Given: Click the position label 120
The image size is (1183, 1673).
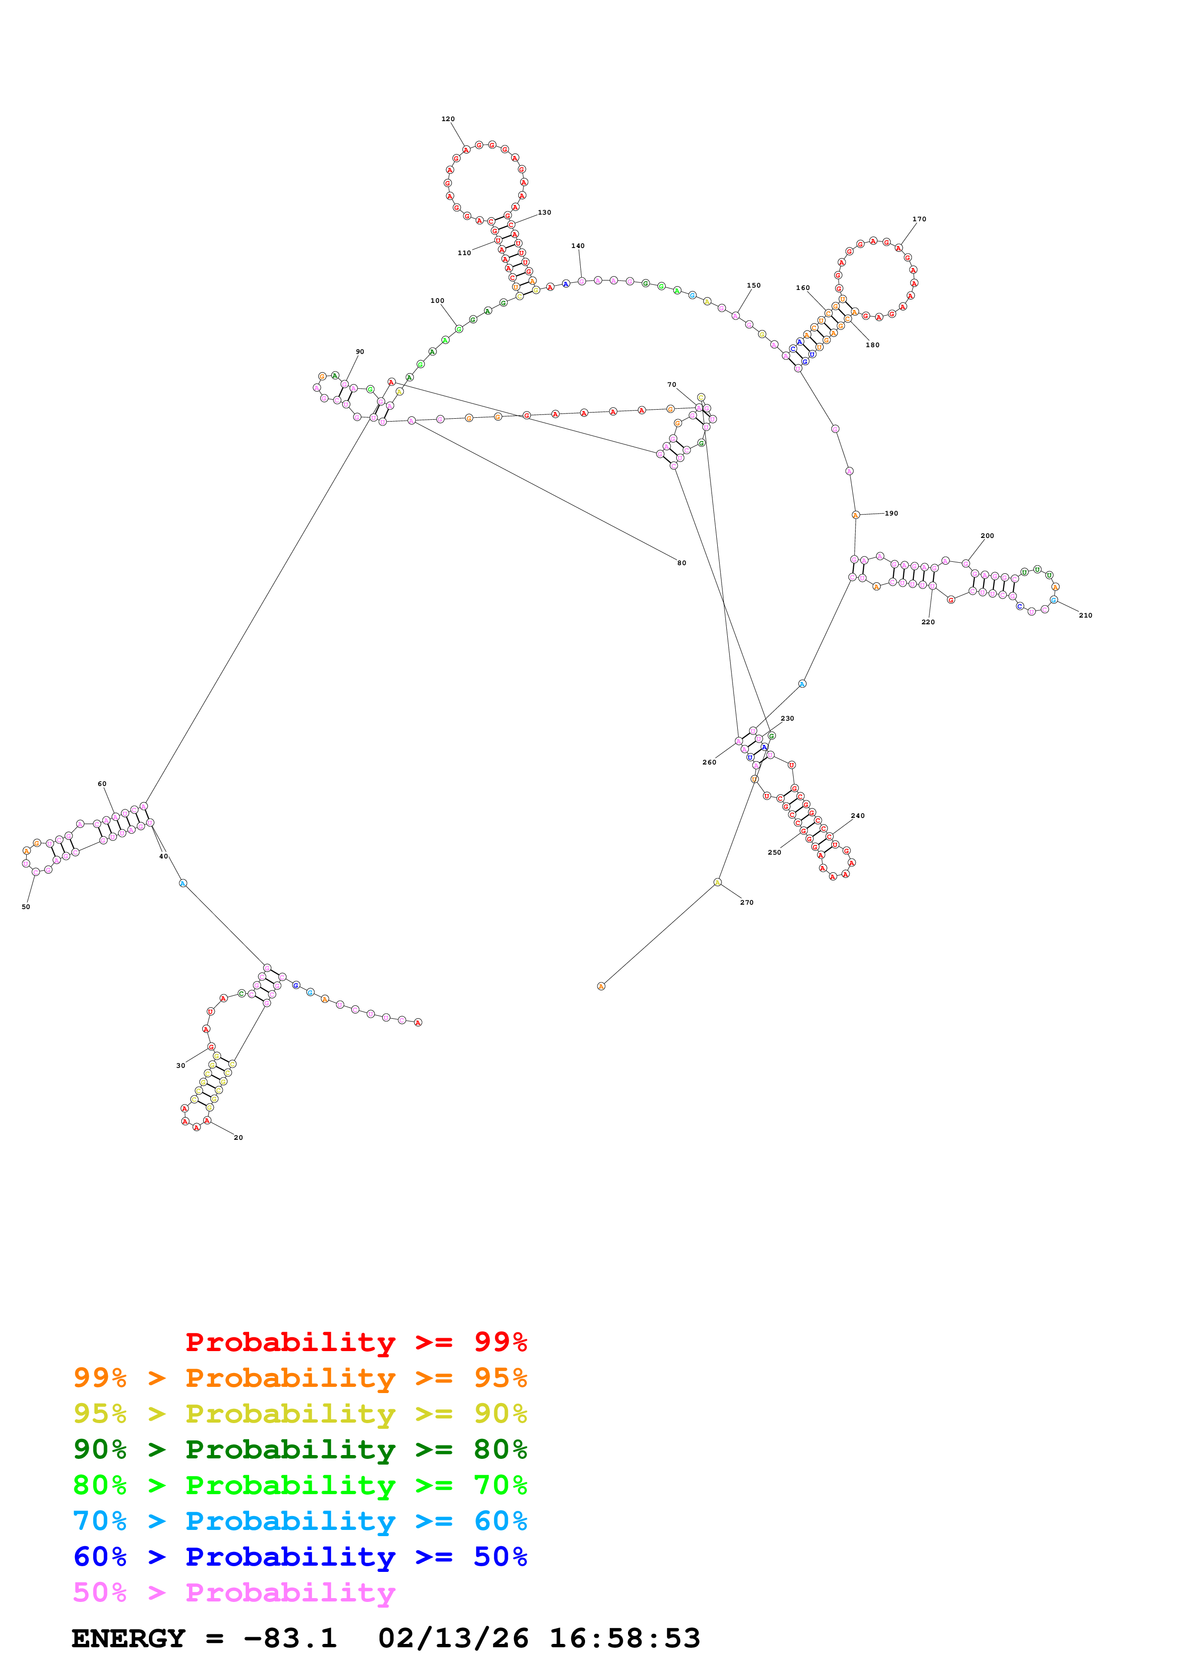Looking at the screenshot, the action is pyautogui.click(x=448, y=119).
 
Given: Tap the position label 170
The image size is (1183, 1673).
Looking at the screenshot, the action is pyautogui.click(x=919, y=218).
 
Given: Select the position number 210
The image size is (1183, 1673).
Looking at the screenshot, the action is pyautogui.click(x=1085, y=615).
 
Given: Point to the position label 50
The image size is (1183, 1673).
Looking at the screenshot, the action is pyautogui.click(x=25, y=907).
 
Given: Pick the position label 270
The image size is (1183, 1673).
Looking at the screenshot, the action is pyautogui.click(x=746, y=902).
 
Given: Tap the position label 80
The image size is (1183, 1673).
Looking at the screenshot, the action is pyautogui.click(x=681, y=563).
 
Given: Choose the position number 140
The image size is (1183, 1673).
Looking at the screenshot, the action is pyautogui.click(x=578, y=246).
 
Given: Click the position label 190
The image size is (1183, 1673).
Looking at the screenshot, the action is pyautogui.click(x=891, y=513).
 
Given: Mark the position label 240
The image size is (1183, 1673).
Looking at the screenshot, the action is pyautogui.click(x=858, y=816).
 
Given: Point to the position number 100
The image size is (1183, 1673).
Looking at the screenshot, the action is pyautogui.click(x=437, y=300).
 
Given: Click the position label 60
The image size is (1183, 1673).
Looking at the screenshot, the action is pyautogui.click(x=102, y=783).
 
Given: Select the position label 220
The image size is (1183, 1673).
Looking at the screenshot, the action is pyautogui.click(x=928, y=621).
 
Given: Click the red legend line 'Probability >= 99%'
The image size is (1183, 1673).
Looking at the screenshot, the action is pyautogui.click(x=356, y=1342).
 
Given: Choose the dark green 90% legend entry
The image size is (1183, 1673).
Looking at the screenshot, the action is pyautogui.click(x=300, y=1449).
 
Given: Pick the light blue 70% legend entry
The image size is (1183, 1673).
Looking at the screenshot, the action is pyautogui.click(x=300, y=1521).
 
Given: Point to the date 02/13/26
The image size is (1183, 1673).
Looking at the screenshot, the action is pyautogui.click(x=453, y=1638).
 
